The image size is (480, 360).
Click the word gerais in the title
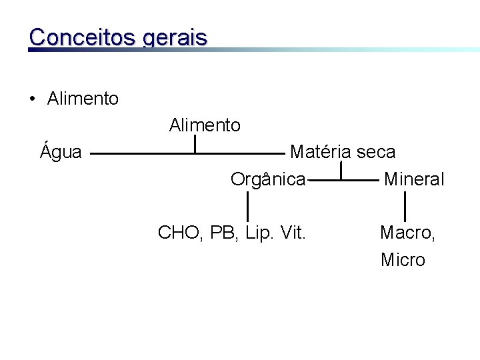pyautogui.click(x=175, y=37)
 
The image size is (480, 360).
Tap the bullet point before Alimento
pyautogui.click(x=32, y=100)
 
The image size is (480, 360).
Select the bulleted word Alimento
pyautogui.click(x=83, y=99)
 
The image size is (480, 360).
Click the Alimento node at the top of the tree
pyautogui.click(x=205, y=125)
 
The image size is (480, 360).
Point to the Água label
pyautogui.click(x=61, y=152)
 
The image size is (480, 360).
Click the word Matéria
pyautogui.click(x=320, y=152)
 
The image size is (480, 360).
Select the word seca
pyautogui.click(x=375, y=153)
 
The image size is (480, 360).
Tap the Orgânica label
pyautogui.click(x=268, y=179)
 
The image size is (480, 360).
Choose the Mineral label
pyautogui.click(x=413, y=179)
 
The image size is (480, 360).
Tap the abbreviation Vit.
pyautogui.click(x=293, y=233)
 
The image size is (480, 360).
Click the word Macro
pyautogui.click(x=406, y=233)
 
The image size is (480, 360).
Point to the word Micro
pyautogui.click(x=403, y=259)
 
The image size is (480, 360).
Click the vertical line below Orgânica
pyautogui.click(x=248, y=205)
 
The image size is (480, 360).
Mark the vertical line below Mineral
pyautogui.click(x=405, y=205)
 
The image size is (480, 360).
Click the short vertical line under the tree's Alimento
pyautogui.click(x=195, y=143)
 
